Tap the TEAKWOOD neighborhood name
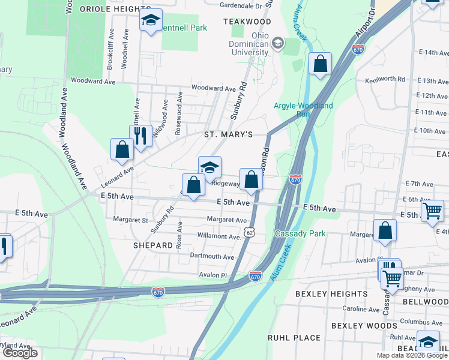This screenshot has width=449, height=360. (247, 22)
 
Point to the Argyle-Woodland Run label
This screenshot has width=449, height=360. (303, 109)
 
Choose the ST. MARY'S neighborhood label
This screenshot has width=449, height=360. (228, 134)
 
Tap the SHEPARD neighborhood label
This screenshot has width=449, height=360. (153, 245)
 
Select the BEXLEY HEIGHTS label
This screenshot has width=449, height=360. (331, 294)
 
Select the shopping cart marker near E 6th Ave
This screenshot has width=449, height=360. (432, 211)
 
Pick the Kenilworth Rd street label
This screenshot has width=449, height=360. (385, 79)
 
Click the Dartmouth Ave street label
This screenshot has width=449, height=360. (212, 257)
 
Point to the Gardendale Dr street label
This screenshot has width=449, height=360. (242, 6)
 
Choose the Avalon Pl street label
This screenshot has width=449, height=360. (214, 275)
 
